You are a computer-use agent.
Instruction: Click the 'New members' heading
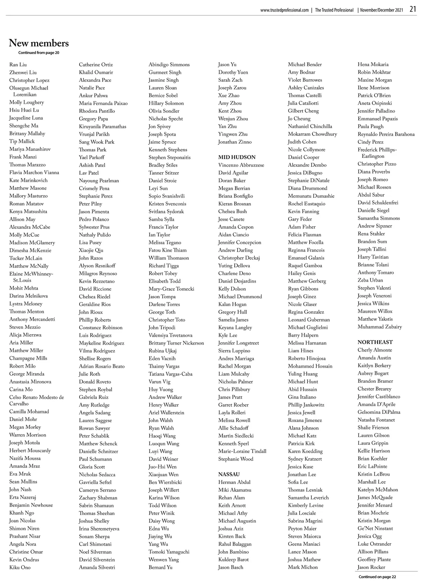39,43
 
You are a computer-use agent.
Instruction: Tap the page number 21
413,9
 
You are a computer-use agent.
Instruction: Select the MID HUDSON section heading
237,157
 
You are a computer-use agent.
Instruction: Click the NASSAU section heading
229,474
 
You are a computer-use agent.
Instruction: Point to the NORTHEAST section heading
375,342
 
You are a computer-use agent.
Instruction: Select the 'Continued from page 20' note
39,53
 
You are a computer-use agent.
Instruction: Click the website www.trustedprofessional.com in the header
284,10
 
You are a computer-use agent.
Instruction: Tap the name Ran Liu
18,65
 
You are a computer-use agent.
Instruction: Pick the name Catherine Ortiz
96,65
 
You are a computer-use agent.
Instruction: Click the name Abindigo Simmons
169,65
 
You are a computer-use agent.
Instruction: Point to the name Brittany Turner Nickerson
176,343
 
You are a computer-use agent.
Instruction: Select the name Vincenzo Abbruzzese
241,165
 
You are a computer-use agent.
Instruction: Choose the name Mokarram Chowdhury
312,134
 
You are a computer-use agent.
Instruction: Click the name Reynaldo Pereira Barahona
386,134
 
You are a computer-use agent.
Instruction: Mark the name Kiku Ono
20,567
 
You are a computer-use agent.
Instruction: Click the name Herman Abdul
234,482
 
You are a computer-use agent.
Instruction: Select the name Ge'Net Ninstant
375,528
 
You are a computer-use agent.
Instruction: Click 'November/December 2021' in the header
382,10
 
